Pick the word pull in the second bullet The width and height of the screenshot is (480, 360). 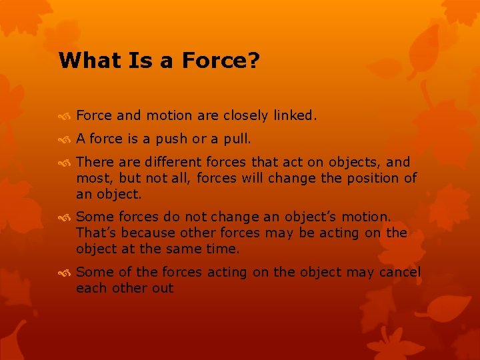pyautogui.click(x=237, y=139)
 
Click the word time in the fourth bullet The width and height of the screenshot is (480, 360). pyautogui.click(x=223, y=249)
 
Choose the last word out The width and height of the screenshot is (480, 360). pyautogui.click(x=163, y=288)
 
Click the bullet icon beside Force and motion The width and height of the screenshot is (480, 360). pyautogui.click(x=65, y=116)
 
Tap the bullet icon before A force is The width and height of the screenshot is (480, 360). pyautogui.click(x=65, y=139)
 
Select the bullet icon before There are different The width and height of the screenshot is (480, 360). pyautogui.click(x=65, y=163)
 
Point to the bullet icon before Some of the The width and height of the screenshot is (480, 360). pyautogui.click(x=65, y=273)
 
